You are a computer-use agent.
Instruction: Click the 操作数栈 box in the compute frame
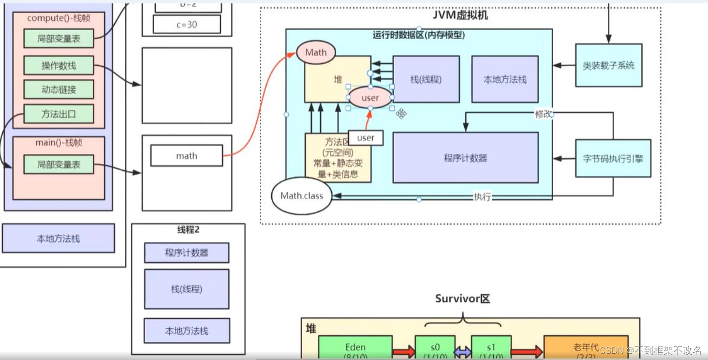pyautogui.click(x=59, y=65)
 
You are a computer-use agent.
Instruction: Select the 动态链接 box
pyautogui.click(x=59, y=90)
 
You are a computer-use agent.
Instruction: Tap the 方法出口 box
pyautogui.click(x=59, y=114)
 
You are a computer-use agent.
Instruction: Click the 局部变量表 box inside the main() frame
pyautogui.click(x=59, y=165)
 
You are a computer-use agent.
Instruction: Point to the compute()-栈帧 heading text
pyautogui.click(x=59, y=18)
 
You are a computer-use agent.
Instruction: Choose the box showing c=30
pyautogui.click(x=187, y=24)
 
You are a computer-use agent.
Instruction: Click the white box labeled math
pyautogui.click(x=187, y=156)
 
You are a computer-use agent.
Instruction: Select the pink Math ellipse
pyautogui.click(x=316, y=53)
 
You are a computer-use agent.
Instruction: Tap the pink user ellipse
pyautogui.click(x=370, y=98)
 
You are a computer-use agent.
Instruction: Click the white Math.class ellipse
pyautogui.click(x=302, y=196)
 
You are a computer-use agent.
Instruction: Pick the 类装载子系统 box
pyautogui.click(x=608, y=65)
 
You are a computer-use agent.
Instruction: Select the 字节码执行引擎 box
pyautogui.click(x=613, y=158)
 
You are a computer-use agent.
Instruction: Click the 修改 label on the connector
pyautogui.click(x=543, y=114)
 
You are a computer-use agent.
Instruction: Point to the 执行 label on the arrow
pyautogui.click(x=482, y=196)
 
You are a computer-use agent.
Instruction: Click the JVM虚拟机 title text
pyautogui.click(x=461, y=15)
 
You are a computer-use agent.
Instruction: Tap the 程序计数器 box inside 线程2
pyautogui.click(x=187, y=253)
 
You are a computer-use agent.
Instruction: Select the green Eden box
pyautogui.click(x=355, y=348)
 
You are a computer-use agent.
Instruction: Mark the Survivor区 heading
pyautogui.click(x=462, y=299)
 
